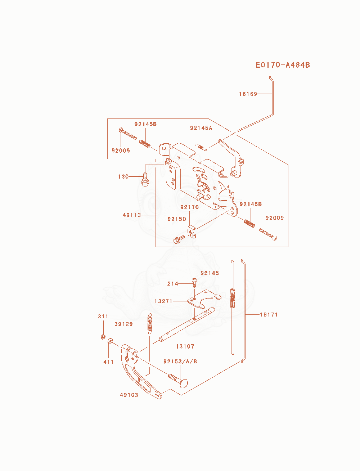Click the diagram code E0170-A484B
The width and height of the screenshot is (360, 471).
[283, 65]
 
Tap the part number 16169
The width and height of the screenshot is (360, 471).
[248, 94]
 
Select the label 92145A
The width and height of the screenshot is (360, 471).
[201, 128]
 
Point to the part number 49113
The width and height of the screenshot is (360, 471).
[132, 215]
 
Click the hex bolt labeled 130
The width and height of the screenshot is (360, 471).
[145, 180]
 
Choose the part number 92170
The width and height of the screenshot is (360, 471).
[189, 207]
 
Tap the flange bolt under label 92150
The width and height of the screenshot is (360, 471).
[179, 239]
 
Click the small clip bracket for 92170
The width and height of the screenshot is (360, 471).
[192, 232]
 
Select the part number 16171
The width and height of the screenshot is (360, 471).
[269, 315]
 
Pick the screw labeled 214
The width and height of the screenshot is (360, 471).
[194, 283]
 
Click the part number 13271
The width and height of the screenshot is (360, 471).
[163, 301]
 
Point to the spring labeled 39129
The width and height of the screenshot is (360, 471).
[150, 324]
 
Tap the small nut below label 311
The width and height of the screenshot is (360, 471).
[103, 337]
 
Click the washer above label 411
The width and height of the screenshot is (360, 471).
[110, 341]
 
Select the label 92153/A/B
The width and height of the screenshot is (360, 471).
[180, 362]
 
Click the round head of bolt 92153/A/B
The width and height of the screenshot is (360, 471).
[184, 383]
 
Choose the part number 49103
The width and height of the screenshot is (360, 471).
[129, 395]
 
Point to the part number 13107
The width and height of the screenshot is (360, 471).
[185, 346]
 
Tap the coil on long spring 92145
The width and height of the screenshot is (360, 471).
[232, 298]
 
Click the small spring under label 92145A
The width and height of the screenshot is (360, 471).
[201, 147]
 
